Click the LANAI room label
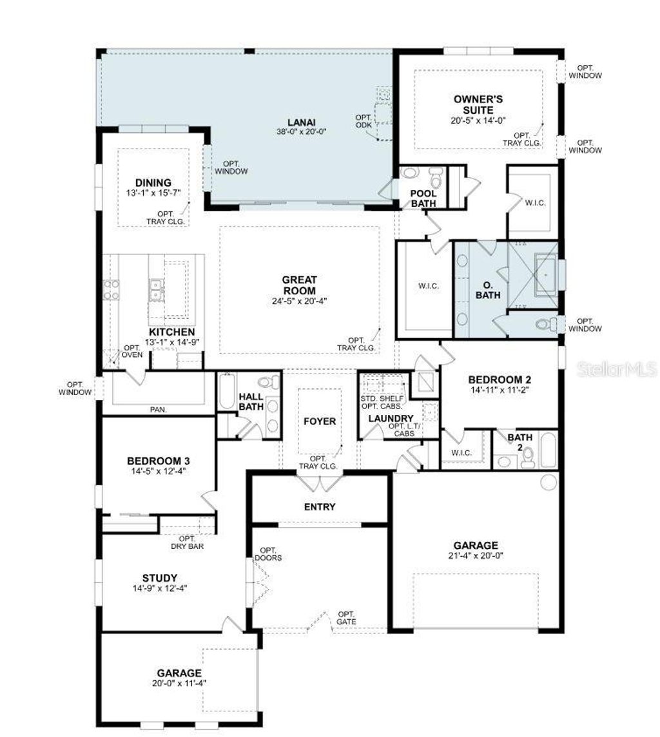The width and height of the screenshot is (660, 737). tap(302, 121)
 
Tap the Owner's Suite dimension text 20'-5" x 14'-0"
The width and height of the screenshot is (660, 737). tap(478, 120)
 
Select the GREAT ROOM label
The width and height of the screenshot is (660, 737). tap(299, 285)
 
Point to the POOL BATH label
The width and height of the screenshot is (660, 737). tap(423, 198)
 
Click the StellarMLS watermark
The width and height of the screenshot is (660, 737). tap(617, 369)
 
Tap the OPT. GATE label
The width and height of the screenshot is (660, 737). tap(346, 618)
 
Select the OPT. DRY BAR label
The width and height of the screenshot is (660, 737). tap(187, 542)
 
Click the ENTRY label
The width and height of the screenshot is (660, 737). tap(320, 506)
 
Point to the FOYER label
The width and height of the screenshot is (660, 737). tap(320, 421)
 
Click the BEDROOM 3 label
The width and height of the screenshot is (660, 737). tap(158, 461)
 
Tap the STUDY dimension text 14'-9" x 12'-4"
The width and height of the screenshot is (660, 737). tap(160, 588)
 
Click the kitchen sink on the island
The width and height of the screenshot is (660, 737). tap(155, 291)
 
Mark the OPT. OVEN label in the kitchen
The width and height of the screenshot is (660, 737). tap(132, 350)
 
